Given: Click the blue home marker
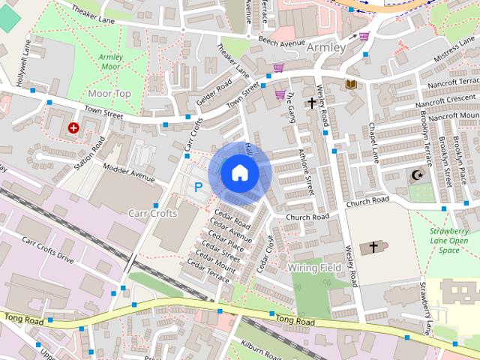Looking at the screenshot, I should (239, 172).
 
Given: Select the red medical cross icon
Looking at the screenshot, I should (73, 128).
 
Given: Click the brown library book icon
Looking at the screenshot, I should (350, 85).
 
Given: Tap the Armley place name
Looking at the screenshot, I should (326, 48).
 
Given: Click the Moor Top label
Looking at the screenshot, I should (109, 94).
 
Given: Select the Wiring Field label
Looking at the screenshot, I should (314, 268).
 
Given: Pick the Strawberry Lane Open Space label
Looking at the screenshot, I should (449, 241).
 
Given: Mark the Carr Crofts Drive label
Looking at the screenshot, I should (48, 250).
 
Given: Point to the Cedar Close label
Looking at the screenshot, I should (265, 253).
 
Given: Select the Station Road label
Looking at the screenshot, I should (87, 153).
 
